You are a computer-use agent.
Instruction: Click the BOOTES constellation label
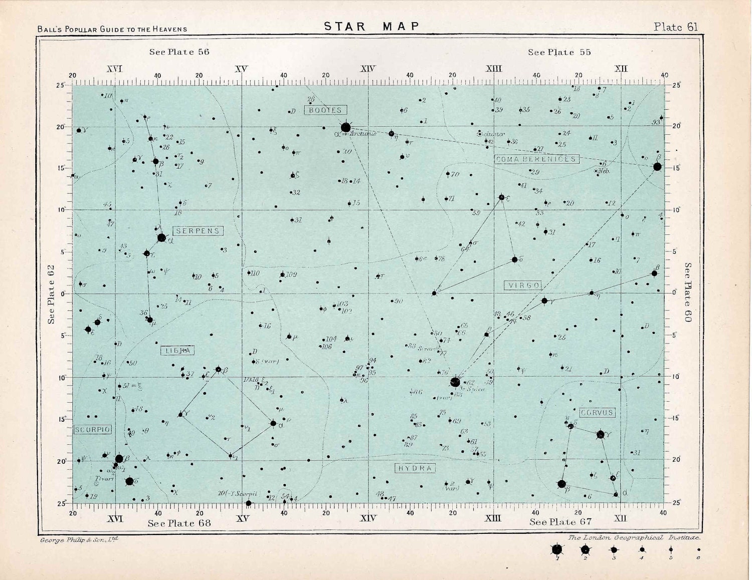click(325, 110)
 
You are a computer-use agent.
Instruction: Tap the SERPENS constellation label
click(198, 231)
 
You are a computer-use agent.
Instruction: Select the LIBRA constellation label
click(177, 351)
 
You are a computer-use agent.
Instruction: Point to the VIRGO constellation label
click(523, 285)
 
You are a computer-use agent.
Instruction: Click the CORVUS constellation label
click(597, 413)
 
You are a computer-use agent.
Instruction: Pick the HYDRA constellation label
click(415, 468)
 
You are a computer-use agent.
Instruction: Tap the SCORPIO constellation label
click(93, 430)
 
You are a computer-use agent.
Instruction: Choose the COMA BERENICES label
click(536, 159)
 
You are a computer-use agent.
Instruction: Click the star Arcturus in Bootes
click(345, 127)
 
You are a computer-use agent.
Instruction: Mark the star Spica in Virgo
click(455, 382)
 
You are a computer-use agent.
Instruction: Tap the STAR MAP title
click(371, 27)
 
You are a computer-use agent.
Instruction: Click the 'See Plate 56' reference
click(179, 52)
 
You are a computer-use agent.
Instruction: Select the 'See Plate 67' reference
click(560, 522)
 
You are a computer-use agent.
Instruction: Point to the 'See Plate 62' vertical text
click(51, 295)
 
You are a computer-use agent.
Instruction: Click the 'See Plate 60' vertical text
click(688, 292)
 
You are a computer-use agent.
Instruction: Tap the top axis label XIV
click(367, 69)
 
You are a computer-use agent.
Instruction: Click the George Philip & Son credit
click(79, 540)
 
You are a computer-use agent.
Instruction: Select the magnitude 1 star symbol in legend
click(556, 550)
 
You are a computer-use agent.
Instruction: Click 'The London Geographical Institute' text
click(634, 537)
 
